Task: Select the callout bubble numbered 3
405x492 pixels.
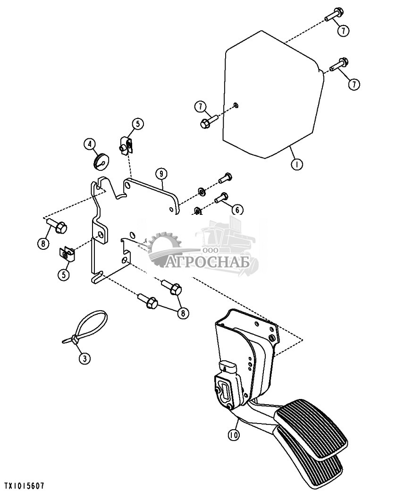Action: (84, 358)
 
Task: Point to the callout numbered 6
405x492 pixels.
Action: (236, 209)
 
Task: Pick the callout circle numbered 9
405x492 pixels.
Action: (161, 174)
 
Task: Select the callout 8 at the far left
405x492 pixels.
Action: (43, 244)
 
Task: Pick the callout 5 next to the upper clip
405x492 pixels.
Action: (137, 124)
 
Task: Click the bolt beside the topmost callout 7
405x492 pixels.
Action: (333, 14)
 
